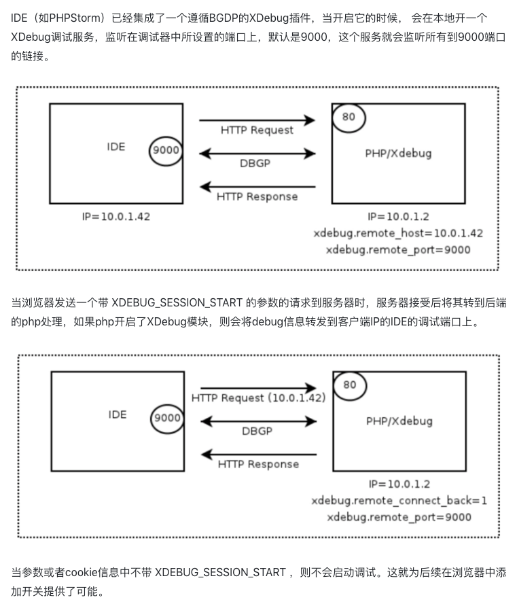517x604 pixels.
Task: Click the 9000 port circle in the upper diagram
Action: click(166, 149)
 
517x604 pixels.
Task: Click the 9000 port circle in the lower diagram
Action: click(167, 417)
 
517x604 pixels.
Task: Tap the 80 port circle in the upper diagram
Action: click(349, 117)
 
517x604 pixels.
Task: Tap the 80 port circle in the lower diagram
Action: click(350, 385)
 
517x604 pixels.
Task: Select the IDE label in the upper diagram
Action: click(116, 146)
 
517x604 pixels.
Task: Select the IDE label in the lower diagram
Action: click(118, 414)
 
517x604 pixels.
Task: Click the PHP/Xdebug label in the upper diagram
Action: click(398, 153)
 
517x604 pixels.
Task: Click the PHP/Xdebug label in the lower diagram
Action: click(399, 421)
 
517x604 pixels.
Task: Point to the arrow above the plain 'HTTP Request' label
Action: click(257, 120)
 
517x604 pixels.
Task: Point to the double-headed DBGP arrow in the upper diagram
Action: click(257, 154)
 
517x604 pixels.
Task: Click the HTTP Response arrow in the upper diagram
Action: click(257, 186)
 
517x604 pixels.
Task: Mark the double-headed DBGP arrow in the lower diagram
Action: click(258, 421)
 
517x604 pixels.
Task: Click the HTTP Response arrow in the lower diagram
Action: click(258, 454)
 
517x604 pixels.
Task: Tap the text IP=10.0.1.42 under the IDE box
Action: click(115, 217)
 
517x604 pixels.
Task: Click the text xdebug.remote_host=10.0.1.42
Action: click(398, 233)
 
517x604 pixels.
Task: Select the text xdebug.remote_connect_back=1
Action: click(399, 501)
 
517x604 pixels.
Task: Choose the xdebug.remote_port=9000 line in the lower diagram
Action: click(399, 517)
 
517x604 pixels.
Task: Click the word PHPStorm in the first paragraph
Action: click(75, 17)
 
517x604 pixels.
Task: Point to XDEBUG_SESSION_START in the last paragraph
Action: click(220, 572)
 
